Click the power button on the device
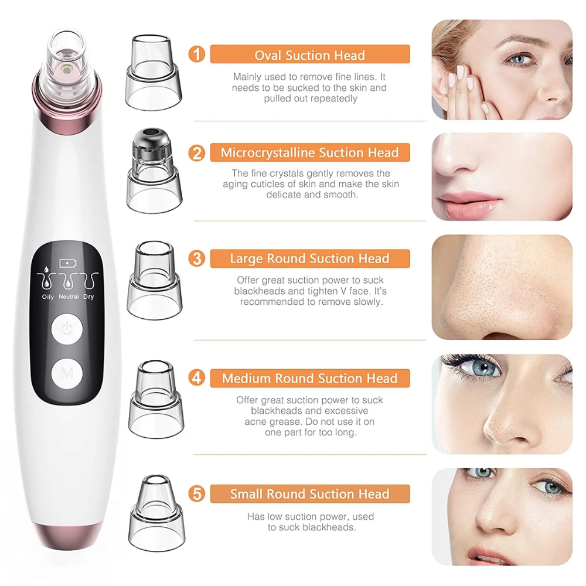tap(67, 329)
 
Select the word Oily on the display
tap(48, 297)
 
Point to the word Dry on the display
tap(88, 297)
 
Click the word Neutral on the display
tap(69, 297)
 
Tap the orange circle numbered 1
tap(197, 55)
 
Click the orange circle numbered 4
tap(197, 378)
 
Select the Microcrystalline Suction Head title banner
tap(309, 153)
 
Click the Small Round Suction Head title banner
tap(309, 493)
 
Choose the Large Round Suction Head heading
tap(309, 258)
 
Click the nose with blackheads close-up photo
tap(502, 287)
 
